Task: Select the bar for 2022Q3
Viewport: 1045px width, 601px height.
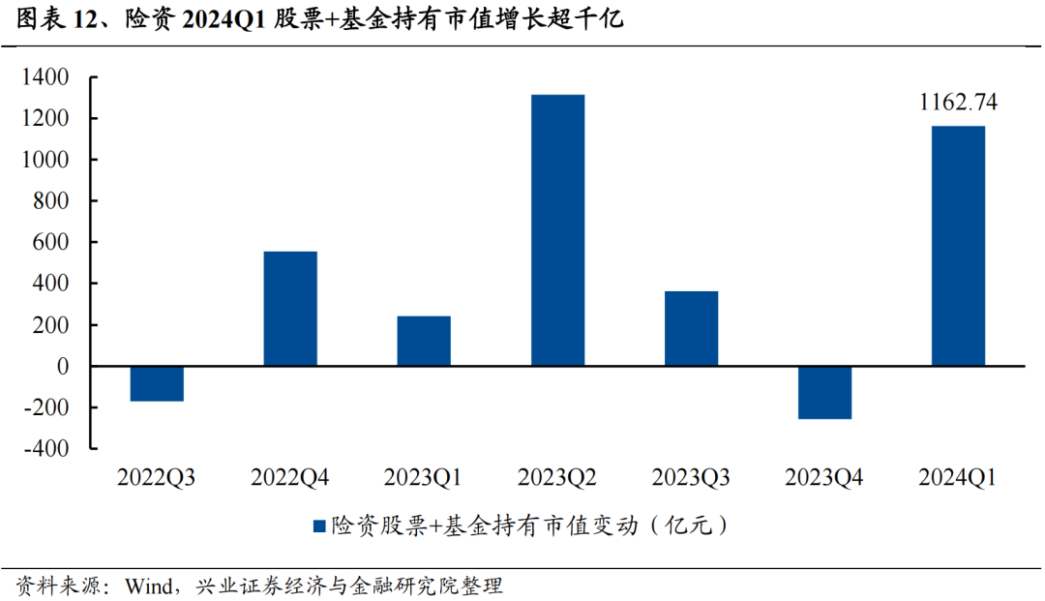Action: tap(157, 383)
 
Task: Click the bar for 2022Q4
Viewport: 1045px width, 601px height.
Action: tap(290, 309)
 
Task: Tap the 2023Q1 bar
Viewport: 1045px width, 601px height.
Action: tap(424, 341)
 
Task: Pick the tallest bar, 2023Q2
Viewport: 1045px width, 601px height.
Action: tap(557, 230)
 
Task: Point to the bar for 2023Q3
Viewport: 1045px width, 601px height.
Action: tap(691, 328)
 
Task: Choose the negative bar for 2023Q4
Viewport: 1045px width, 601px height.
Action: tap(824, 392)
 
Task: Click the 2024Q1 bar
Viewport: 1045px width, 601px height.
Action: tap(958, 246)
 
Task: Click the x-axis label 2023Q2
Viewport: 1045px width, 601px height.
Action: tap(557, 477)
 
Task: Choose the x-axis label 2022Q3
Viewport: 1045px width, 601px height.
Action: tap(157, 477)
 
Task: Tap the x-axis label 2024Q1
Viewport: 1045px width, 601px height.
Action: tap(958, 477)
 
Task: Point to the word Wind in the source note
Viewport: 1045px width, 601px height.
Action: tap(149, 586)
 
